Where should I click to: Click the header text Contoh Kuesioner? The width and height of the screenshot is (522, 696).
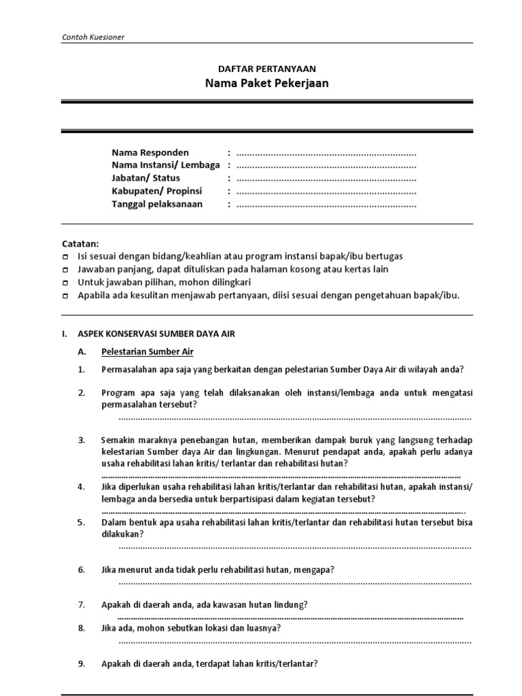pos(92,37)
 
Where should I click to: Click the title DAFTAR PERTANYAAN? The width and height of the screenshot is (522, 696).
pos(266,69)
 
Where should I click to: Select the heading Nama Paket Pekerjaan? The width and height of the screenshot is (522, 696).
pos(266,84)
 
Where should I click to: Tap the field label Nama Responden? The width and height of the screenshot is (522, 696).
pos(150,152)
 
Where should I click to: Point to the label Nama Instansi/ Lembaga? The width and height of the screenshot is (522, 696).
pos(166,165)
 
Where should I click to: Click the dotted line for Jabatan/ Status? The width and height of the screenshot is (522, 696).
pos(326,179)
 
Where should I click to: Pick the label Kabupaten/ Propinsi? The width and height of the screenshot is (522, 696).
pos(157,191)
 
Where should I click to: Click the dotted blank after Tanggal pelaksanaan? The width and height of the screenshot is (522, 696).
pos(326,205)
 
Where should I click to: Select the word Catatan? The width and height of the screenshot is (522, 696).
pos(80,243)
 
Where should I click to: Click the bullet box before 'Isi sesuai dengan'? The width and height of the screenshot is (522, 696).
pos(65,257)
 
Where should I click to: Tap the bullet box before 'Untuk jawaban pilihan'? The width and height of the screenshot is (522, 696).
pos(65,282)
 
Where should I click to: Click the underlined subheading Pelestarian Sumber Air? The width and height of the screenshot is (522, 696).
pos(147,352)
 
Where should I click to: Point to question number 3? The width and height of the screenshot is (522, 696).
pos(81,440)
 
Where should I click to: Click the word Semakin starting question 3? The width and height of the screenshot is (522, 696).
pos(118,440)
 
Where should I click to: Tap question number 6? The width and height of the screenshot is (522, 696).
pos(81,570)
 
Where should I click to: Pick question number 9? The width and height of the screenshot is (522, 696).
pos(81,663)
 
